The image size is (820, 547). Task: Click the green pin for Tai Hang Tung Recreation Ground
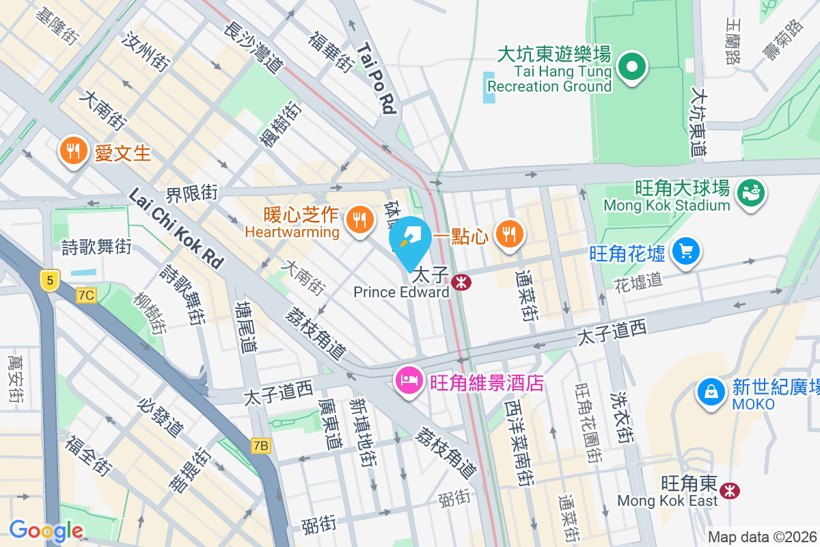tap(632, 68)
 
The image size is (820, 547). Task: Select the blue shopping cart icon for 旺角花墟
tap(686, 252)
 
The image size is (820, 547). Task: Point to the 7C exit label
tap(87, 295)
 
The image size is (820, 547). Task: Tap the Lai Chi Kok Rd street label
tap(176, 228)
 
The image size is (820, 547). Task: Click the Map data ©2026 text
tap(762, 537)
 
